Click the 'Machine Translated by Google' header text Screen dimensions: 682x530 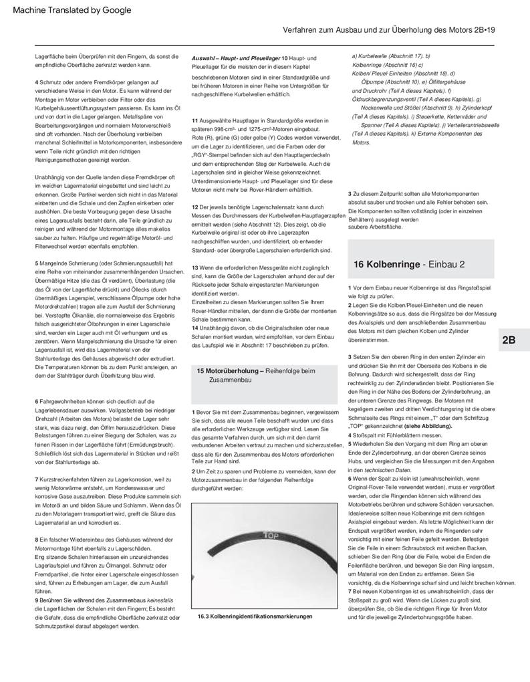pos(72,10)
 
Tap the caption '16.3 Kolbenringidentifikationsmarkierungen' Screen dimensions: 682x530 pos(255,616)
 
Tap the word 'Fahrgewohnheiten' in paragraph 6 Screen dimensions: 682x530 pos(65,400)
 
